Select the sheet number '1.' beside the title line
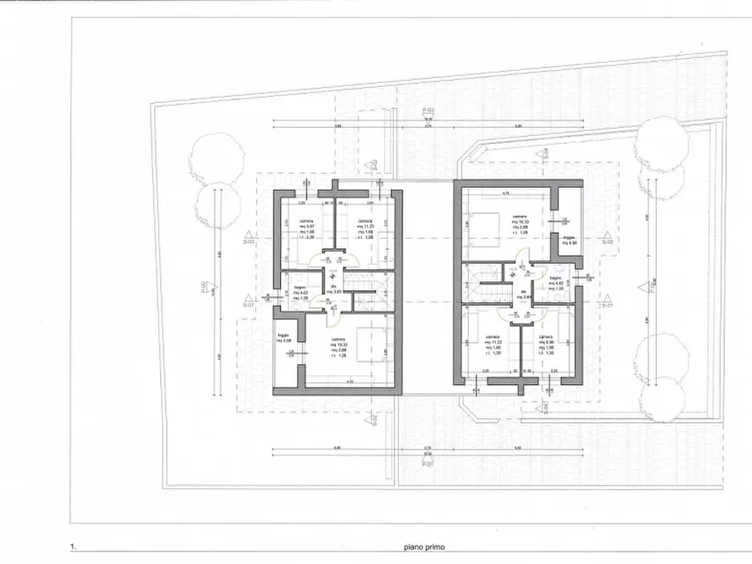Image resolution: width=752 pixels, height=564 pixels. tap(76, 547)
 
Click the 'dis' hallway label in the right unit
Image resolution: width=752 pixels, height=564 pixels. tap(523, 294)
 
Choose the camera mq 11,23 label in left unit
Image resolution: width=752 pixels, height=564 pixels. tap(365, 226)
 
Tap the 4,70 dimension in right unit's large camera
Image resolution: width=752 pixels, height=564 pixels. tap(506, 194)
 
